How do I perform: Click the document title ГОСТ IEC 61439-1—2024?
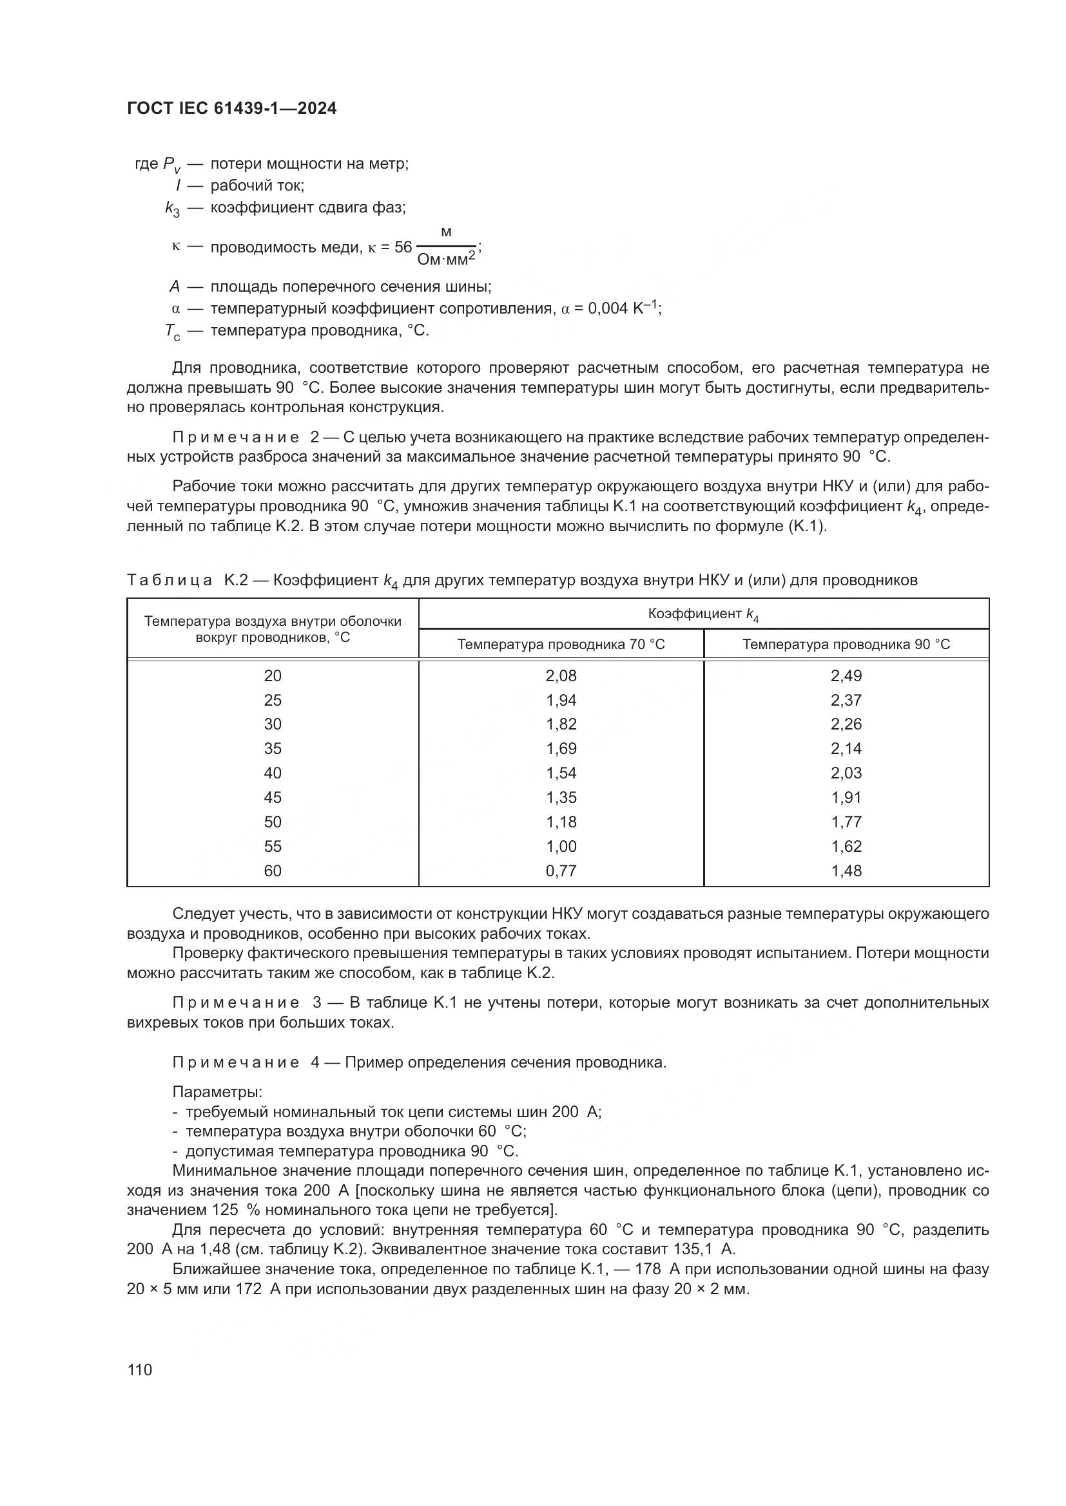click(x=231, y=109)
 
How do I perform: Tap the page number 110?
click(x=140, y=1370)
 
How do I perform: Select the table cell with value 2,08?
click(x=561, y=675)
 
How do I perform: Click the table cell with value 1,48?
click(x=846, y=871)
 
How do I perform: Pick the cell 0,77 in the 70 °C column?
click(x=561, y=871)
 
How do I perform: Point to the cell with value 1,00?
click(x=561, y=846)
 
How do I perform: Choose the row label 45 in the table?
click(x=273, y=798)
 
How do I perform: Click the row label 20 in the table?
click(x=273, y=675)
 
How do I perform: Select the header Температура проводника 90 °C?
click(x=846, y=644)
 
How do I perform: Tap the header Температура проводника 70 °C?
click(x=561, y=644)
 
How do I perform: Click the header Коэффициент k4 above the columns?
click(x=703, y=614)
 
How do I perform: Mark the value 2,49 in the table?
click(x=846, y=675)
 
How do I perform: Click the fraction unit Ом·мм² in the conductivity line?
click(x=446, y=259)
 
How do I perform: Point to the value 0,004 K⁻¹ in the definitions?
click(x=625, y=308)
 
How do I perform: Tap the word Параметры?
click(x=217, y=1092)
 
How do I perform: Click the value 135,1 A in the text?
click(x=706, y=1249)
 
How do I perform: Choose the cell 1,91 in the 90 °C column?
click(x=846, y=798)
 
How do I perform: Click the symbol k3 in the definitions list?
click(x=172, y=209)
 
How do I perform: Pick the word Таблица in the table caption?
click(x=170, y=580)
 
